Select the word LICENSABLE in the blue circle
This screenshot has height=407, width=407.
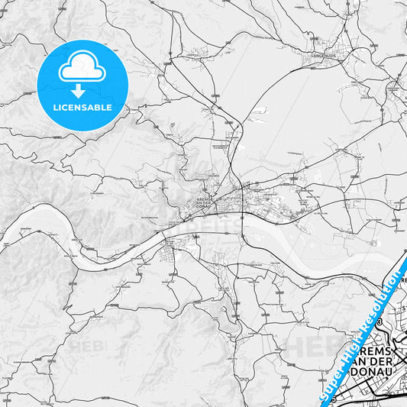click(x=82, y=108)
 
